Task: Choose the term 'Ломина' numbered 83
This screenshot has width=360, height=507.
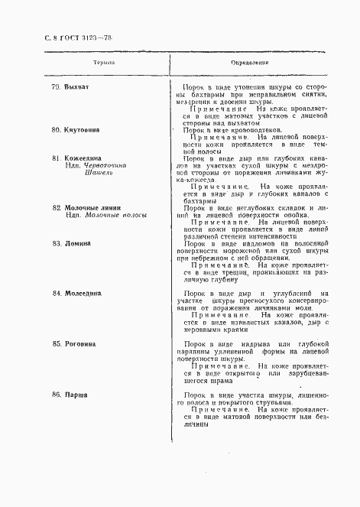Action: click(x=77, y=243)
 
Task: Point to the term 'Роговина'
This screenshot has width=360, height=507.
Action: click(x=80, y=344)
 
